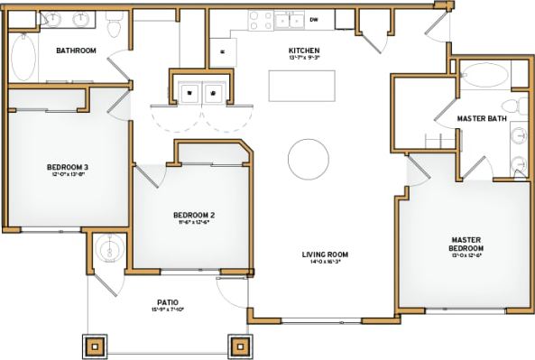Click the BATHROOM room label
(x=76, y=51)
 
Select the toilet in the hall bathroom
(x=112, y=28)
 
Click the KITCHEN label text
(x=303, y=50)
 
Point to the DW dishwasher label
(x=314, y=19)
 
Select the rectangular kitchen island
(x=302, y=87)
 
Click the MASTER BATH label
(x=480, y=119)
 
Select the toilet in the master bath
(x=510, y=108)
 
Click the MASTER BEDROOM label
(x=467, y=245)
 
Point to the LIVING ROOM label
(x=325, y=254)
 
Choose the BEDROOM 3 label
(x=67, y=167)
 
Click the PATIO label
(x=167, y=302)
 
